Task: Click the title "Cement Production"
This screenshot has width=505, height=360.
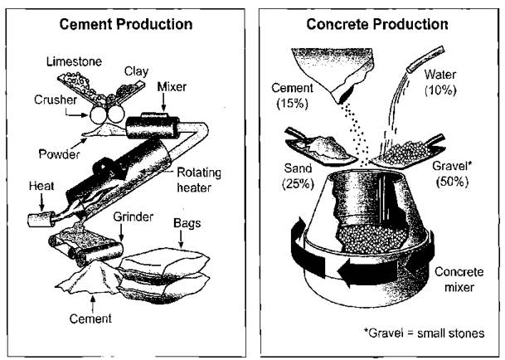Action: click(x=126, y=24)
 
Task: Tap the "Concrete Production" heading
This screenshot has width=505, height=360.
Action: click(x=377, y=24)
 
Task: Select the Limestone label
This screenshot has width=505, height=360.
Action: click(x=74, y=61)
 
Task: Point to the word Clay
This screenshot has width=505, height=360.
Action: click(x=137, y=71)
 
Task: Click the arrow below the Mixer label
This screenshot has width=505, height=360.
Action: click(x=163, y=104)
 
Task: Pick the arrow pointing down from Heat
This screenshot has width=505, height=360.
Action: click(x=41, y=202)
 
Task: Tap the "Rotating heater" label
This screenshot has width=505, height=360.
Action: click(x=199, y=180)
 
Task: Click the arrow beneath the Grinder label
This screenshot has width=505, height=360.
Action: click(x=121, y=232)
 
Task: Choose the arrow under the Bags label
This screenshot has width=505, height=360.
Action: click(x=181, y=239)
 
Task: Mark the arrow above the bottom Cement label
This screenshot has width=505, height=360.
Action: click(x=93, y=304)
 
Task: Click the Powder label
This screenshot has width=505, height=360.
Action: click(x=59, y=154)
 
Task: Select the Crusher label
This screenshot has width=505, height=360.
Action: click(x=56, y=100)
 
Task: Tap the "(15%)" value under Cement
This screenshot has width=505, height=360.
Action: click(x=292, y=104)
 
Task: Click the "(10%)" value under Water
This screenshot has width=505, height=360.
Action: click(x=440, y=90)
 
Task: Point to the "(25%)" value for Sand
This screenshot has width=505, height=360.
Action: click(x=298, y=183)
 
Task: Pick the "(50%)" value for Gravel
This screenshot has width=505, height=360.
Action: click(x=452, y=182)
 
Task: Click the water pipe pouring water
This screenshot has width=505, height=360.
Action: click(x=425, y=59)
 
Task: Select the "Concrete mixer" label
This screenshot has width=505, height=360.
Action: click(x=459, y=280)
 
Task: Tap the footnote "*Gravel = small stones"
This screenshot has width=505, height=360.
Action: click(x=424, y=333)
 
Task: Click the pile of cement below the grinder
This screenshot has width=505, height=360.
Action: click(x=91, y=279)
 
